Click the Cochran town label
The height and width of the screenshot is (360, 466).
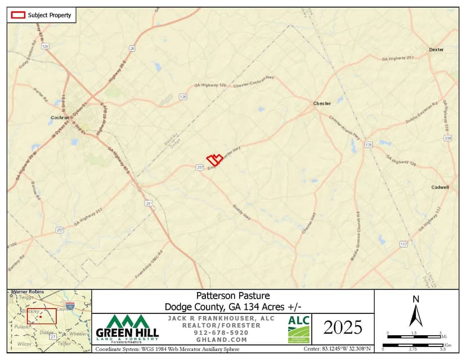tap(60, 118)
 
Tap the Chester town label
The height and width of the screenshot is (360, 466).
tap(322, 103)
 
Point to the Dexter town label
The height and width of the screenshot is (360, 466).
tap(436, 49)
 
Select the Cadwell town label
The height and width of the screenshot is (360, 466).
tap(440, 187)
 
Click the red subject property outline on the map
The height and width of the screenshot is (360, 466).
tap(214, 160)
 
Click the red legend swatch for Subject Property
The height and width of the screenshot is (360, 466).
tap(18, 15)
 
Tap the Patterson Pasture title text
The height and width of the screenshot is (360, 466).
tap(233, 295)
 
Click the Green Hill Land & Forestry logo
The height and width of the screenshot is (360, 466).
tap(128, 329)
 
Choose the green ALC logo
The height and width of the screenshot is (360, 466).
tap(299, 329)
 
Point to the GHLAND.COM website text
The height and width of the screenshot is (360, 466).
tap(221, 340)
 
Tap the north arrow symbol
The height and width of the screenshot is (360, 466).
tap(416, 312)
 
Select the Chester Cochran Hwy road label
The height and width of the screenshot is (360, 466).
tap(253, 82)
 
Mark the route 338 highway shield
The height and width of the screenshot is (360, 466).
tap(447, 138)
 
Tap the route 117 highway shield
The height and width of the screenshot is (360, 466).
tap(404, 244)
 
